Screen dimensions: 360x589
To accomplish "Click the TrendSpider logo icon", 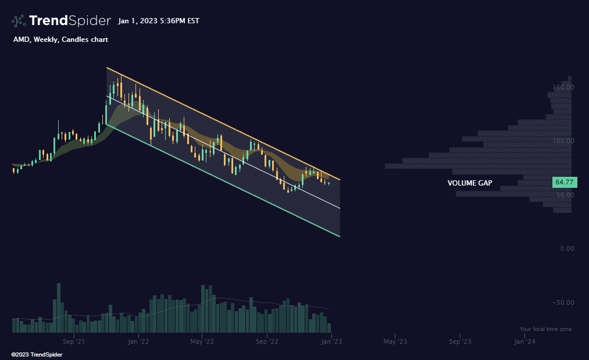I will click(19, 21).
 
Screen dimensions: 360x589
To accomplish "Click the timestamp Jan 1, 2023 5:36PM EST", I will click(158, 21).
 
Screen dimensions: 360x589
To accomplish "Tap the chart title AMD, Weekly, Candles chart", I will click(60, 40).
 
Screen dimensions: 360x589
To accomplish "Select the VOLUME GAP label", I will click(470, 183).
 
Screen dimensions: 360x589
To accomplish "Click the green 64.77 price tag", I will click(565, 183).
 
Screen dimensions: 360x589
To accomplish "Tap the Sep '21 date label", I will click(74, 342).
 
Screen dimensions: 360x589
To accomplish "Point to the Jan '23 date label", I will click(331, 342).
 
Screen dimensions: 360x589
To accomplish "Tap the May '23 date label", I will click(395, 342).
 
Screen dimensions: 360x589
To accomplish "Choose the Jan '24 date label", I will click(524, 342).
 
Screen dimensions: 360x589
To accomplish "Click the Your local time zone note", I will click(545, 329).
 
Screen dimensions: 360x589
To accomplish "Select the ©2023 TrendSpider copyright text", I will click(37, 354).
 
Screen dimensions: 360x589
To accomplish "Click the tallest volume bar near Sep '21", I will click(58, 308).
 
